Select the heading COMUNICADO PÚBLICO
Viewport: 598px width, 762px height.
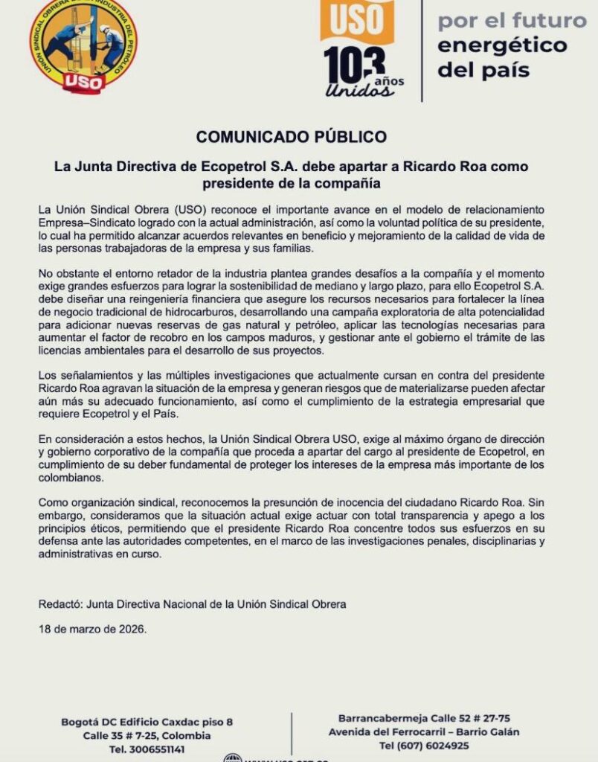pos(291,137)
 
